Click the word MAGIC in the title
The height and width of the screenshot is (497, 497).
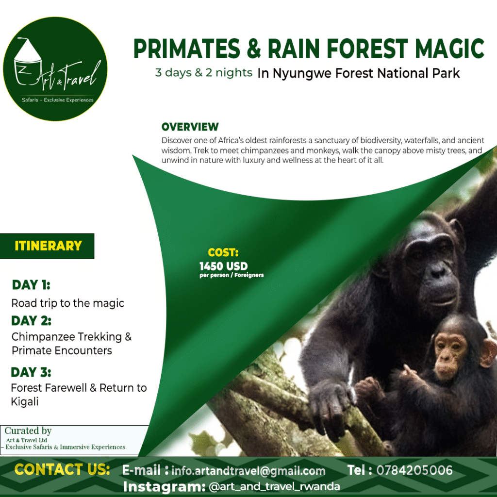point(449,49)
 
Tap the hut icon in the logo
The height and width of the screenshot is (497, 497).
point(27,62)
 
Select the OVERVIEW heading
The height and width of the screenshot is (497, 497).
point(190,127)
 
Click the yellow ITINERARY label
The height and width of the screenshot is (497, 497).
point(48,246)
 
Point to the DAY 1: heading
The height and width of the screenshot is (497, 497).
point(31,285)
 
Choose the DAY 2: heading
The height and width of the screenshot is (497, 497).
point(31,321)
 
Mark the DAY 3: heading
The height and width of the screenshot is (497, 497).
point(31,372)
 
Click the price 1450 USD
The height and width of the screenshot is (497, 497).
point(223,266)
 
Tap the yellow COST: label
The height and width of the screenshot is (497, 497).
point(223,252)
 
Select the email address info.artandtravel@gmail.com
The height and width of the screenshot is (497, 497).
point(248,471)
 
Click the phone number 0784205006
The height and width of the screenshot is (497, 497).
point(414,470)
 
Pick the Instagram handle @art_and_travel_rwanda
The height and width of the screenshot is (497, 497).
point(274,486)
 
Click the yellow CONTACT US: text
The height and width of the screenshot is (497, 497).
point(62,469)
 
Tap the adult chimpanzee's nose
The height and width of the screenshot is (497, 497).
point(438,270)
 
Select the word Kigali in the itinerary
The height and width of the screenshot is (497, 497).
point(25,402)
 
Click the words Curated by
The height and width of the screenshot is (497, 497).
point(28,431)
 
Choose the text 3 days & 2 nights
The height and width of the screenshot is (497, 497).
point(203,73)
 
